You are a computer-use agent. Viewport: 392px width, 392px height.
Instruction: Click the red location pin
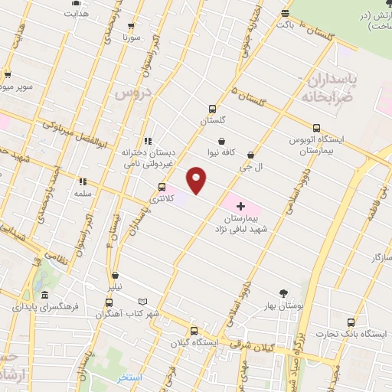click(x=198, y=181)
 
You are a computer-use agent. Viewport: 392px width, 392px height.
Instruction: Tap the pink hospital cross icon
click(x=240, y=205)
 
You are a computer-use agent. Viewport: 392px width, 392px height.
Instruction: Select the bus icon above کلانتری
click(x=162, y=187)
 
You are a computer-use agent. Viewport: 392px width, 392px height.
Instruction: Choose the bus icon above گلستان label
click(x=213, y=109)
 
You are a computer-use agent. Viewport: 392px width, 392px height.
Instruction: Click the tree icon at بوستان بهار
click(x=284, y=293)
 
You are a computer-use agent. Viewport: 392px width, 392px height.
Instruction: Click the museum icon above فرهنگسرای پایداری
click(x=45, y=296)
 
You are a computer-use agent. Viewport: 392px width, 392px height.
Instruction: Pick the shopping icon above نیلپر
click(x=116, y=276)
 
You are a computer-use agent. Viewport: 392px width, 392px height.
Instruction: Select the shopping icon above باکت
click(x=285, y=13)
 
